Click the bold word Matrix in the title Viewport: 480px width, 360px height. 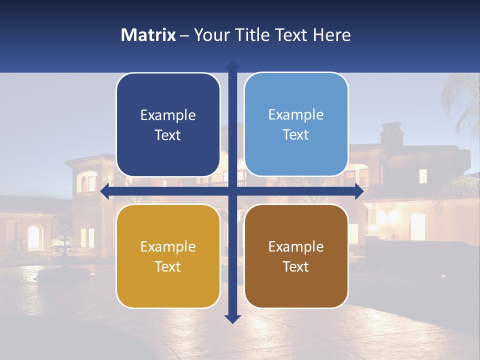[x=148, y=35]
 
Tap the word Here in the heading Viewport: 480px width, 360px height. [x=332, y=35]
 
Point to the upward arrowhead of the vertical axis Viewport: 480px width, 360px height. [x=232, y=65]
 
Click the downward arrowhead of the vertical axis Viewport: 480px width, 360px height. [x=232, y=318]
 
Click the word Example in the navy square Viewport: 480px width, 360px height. [x=168, y=115]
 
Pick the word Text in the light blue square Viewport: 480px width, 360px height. [x=296, y=135]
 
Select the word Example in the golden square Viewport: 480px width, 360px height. [x=168, y=247]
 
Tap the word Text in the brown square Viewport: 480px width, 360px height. [x=296, y=267]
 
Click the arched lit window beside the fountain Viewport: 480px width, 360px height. [x=34, y=236]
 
